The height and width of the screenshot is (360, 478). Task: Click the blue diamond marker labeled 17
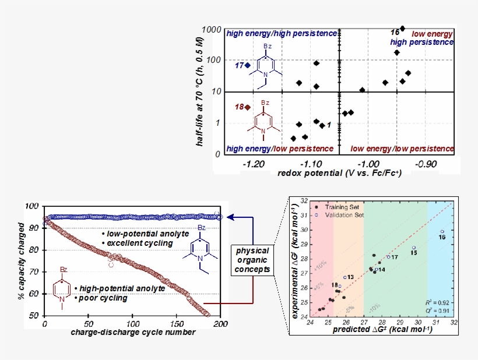(248, 65)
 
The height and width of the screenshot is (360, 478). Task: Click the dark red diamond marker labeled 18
(248, 107)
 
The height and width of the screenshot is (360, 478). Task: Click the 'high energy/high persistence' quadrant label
(282, 34)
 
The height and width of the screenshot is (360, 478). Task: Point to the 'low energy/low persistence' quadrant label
(402, 149)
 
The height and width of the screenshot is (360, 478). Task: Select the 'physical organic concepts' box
(254, 260)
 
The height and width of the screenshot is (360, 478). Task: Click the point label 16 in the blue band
(441, 238)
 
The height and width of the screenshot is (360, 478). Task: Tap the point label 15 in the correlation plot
(413, 253)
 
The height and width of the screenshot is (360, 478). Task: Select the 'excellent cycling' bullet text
(137, 243)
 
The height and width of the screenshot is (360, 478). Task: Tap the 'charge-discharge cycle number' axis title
(132, 333)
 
